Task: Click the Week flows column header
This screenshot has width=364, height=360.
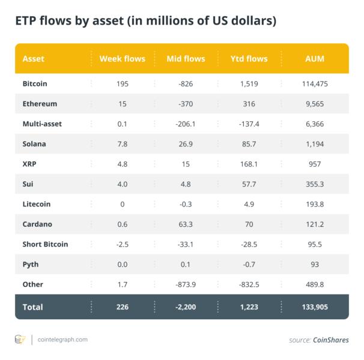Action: (123, 59)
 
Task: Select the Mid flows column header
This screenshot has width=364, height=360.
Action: (186, 59)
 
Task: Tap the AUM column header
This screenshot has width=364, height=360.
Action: (314, 59)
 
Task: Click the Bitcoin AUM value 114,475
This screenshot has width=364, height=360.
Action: (314, 83)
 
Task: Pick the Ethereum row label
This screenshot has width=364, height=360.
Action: (40, 104)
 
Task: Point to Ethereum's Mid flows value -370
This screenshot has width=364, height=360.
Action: (186, 104)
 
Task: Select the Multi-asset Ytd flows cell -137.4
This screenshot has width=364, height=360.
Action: (249, 124)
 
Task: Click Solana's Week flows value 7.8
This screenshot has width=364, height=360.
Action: (123, 144)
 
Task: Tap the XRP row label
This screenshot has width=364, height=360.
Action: (29, 164)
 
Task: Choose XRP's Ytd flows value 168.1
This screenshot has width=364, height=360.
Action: (249, 164)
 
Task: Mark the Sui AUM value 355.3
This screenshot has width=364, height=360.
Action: (314, 184)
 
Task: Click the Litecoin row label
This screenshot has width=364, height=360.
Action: (36, 204)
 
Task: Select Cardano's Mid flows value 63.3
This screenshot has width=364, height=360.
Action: (186, 224)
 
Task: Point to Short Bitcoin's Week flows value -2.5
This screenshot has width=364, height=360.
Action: (123, 244)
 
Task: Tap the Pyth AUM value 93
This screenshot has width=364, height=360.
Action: (314, 265)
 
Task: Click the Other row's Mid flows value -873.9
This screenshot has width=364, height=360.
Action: (186, 284)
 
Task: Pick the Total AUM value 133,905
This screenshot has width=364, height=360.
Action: (314, 307)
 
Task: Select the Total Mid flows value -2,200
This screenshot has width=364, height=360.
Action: (186, 307)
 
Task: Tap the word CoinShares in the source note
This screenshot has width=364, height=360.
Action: (330, 340)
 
